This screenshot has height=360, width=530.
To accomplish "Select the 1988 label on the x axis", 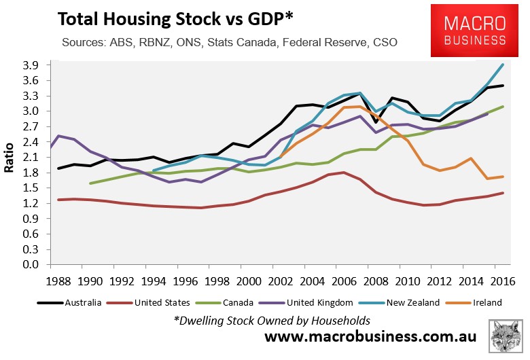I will pos(59,280).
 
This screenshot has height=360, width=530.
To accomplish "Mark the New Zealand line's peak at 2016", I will pos(502,65).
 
